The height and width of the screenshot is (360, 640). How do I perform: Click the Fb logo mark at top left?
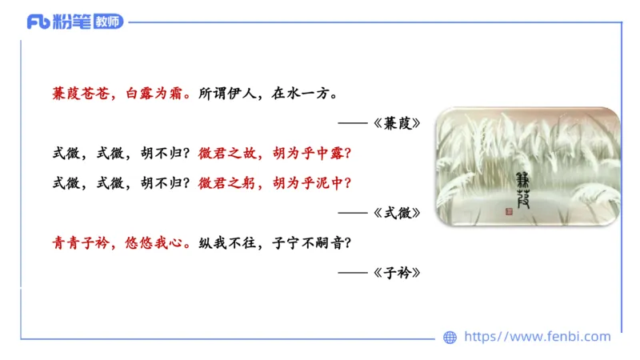pos(38,22)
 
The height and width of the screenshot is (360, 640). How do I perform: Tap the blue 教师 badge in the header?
pos(108,22)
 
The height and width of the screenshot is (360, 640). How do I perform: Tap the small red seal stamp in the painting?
pos(509,213)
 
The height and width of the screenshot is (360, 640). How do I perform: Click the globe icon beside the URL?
pos(450,338)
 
